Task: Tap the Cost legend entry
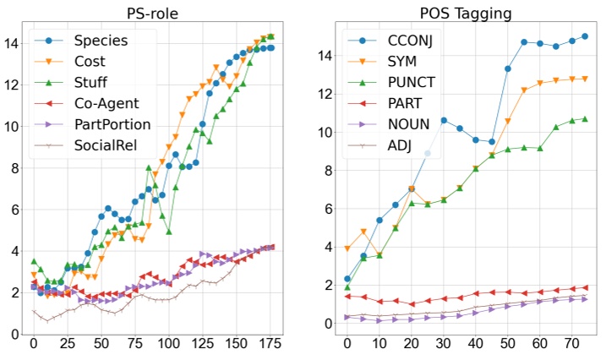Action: coord(92,62)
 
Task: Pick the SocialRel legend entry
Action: coord(108,145)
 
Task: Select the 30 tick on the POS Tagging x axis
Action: coord(443,345)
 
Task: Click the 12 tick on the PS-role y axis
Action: coord(13,85)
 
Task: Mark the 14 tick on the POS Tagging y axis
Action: coord(325,56)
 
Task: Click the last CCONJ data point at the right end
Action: coord(584,36)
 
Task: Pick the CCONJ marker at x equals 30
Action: coord(444,120)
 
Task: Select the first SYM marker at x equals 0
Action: coord(347,248)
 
